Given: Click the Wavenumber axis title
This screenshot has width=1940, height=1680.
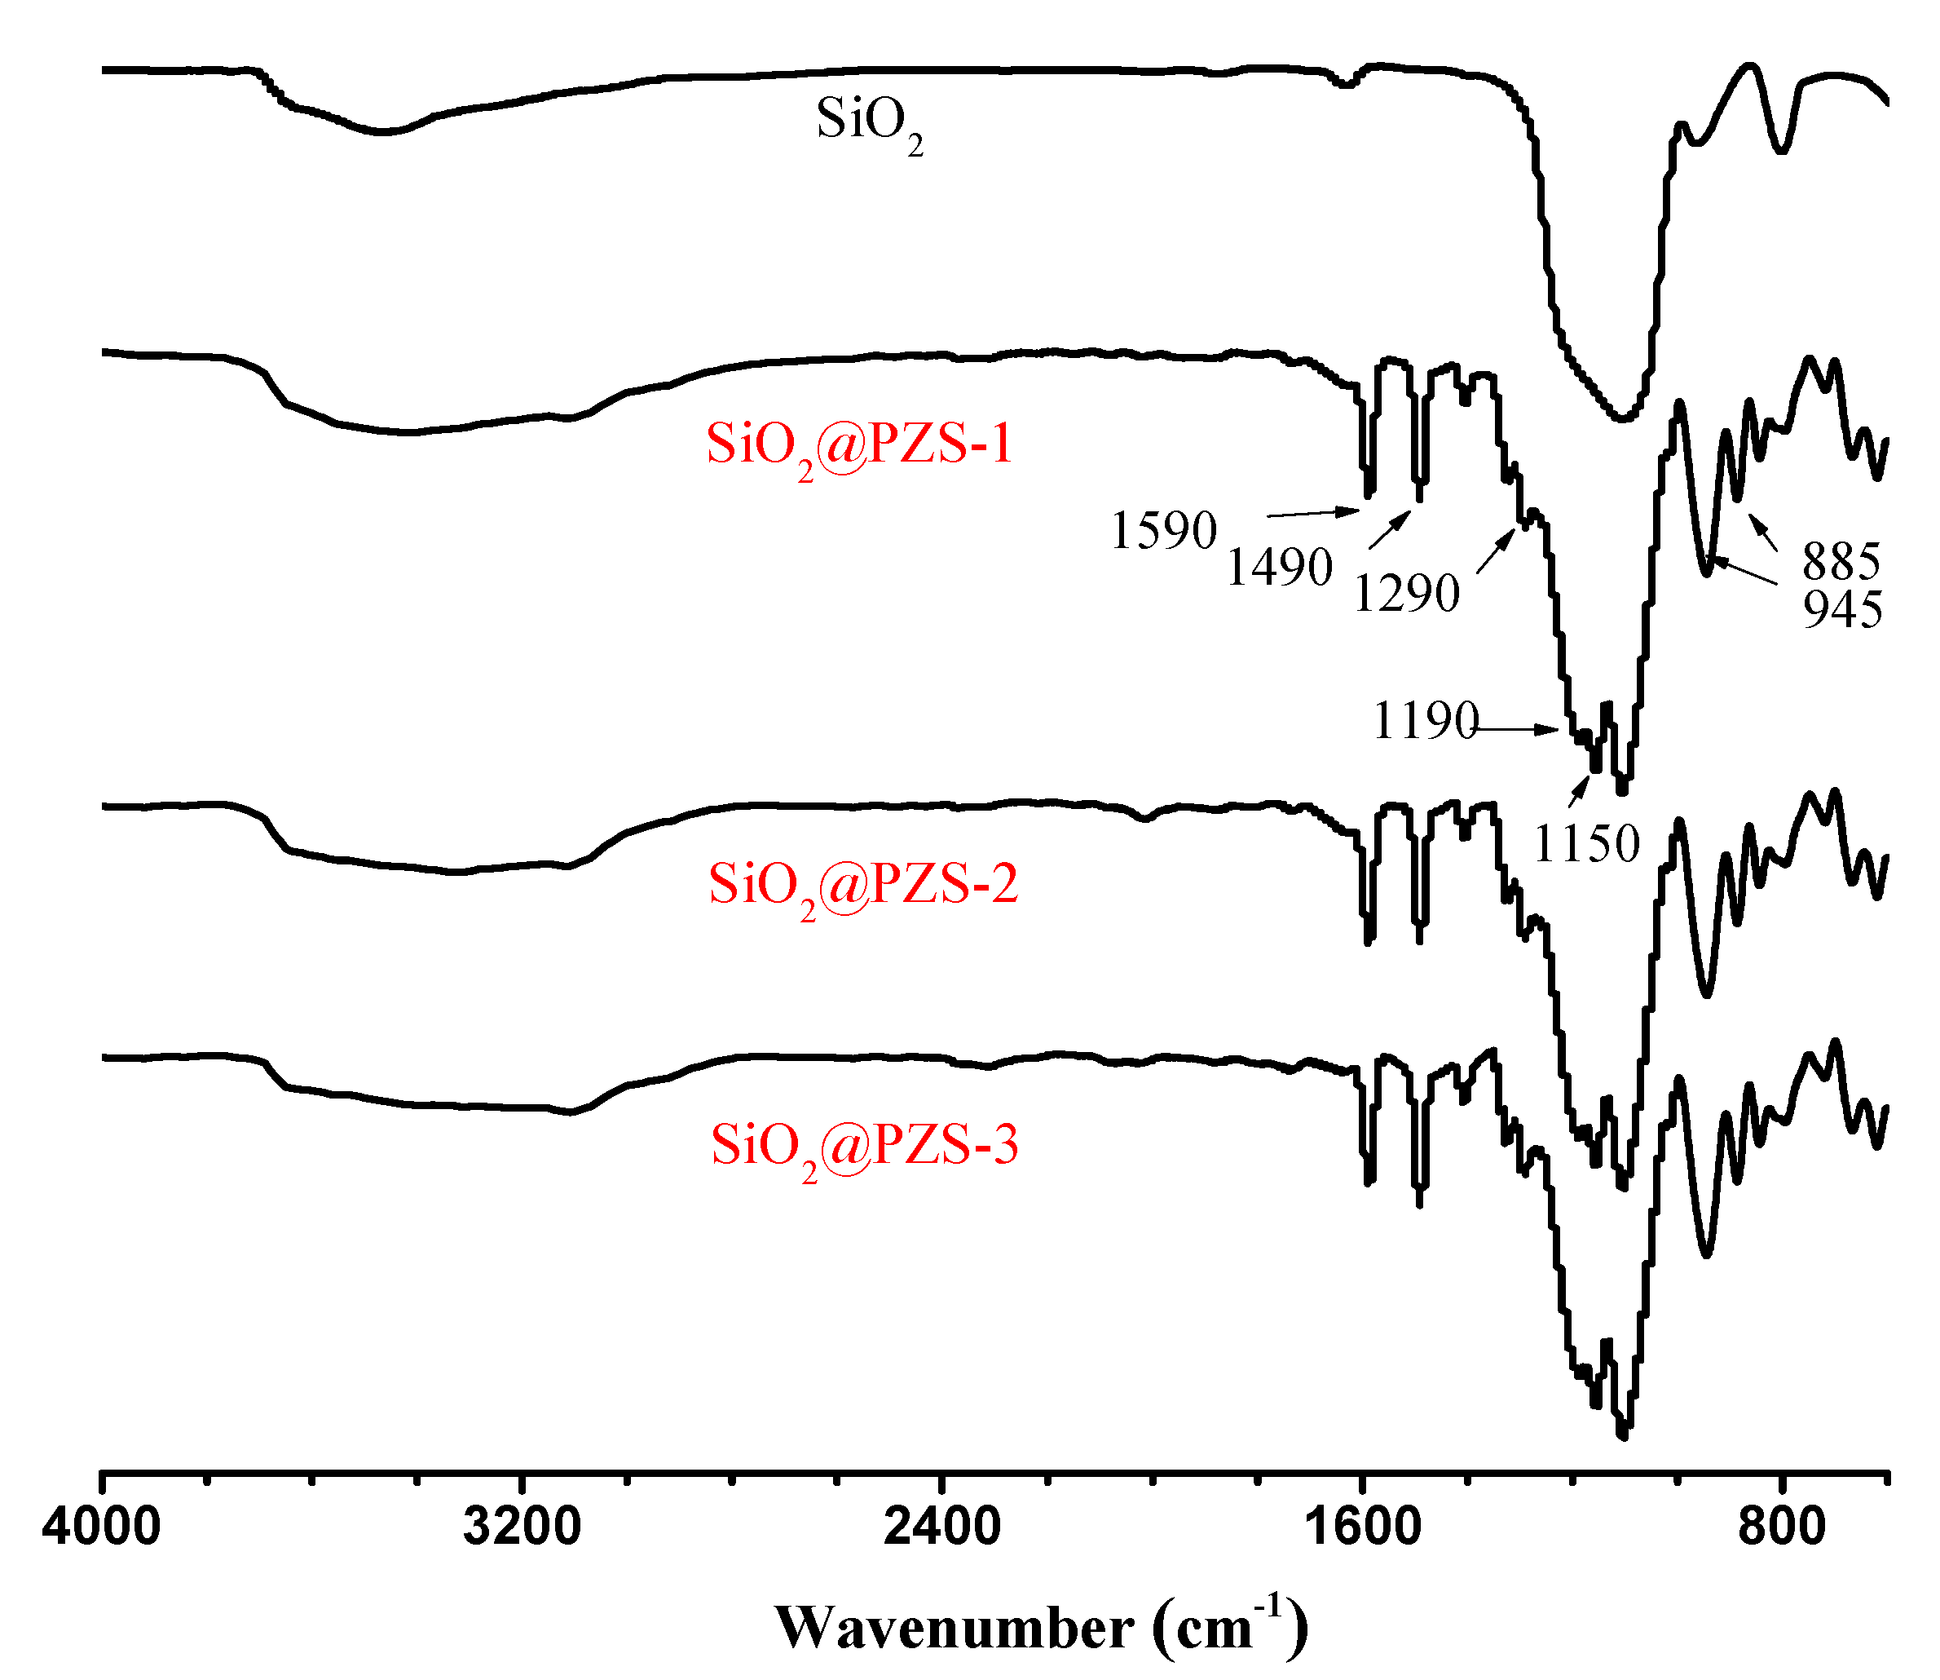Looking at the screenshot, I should tap(1040, 1628).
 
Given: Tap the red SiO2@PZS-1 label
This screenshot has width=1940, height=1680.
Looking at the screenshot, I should tap(858, 445).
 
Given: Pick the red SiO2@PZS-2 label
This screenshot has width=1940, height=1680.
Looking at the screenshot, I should tap(862, 885).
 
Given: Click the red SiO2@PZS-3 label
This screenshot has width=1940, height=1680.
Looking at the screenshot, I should tap(863, 1147).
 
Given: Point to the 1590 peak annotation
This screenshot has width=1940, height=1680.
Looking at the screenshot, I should tap(1163, 531).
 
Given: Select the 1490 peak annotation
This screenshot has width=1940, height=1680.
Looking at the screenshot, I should tap(1279, 567).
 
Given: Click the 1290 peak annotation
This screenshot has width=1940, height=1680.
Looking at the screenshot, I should tap(1406, 594).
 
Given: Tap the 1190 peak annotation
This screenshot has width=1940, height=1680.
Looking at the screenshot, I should tap(1425, 721).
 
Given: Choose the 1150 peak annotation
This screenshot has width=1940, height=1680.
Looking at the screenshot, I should tap(1585, 844).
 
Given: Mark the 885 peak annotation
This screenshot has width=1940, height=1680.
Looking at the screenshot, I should tap(1841, 562).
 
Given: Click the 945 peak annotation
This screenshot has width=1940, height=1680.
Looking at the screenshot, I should tap(1842, 609).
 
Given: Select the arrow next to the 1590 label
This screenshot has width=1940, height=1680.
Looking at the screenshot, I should tap(1312, 513).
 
